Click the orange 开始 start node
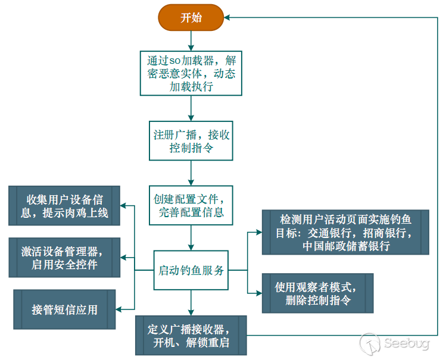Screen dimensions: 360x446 191,18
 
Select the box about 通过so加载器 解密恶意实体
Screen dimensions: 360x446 191,72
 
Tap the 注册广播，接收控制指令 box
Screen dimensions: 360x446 191,140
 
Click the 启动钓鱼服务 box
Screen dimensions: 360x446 191,270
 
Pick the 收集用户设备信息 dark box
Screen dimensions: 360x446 64,205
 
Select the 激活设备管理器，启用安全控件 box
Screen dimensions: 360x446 64,257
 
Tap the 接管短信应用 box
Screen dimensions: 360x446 64,309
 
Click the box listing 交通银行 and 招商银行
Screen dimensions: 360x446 345,231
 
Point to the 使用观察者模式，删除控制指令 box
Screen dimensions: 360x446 317,293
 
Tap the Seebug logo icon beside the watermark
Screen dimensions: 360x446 370,344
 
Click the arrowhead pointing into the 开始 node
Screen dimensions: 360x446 229,18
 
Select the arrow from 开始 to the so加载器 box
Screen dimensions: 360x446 191,40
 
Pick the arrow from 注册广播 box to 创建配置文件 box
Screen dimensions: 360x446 191,173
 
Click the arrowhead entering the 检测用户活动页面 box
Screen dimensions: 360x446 258,231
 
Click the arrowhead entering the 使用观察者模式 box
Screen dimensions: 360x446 258,293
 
